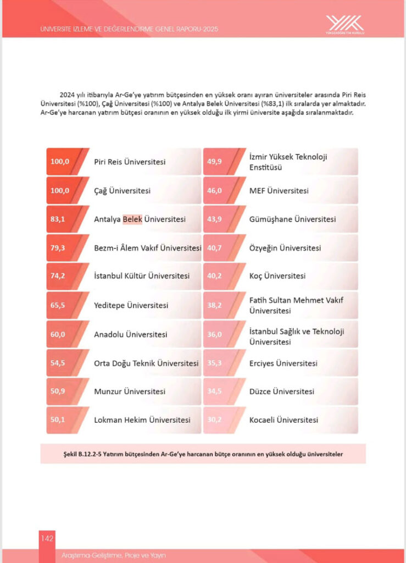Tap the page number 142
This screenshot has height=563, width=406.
pos(47,538)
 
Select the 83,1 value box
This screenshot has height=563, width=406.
pos(58,219)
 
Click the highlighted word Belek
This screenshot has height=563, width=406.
pos(132,219)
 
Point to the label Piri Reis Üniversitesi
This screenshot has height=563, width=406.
pos(130,162)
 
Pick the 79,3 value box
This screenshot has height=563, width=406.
pos(58,247)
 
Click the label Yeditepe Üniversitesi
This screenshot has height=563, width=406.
pos(131,305)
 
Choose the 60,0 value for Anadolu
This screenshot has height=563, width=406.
pos(58,334)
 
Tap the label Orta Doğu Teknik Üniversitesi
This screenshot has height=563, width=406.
pos(146,363)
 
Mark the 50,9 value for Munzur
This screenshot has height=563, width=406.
pos(58,391)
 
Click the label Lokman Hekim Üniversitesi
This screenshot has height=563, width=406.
pos(142,420)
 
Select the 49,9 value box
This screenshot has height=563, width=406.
pos(214,162)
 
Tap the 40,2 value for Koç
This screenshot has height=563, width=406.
pos(214,276)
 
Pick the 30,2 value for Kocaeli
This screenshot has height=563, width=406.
pos(214,420)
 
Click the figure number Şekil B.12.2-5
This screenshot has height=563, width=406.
pos(83,454)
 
